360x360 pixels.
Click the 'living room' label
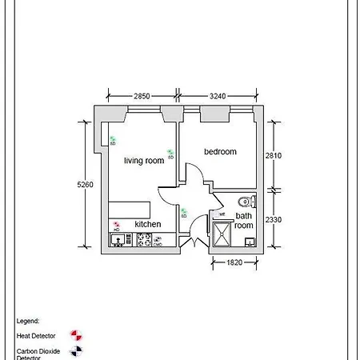144,161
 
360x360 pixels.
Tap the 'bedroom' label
220,152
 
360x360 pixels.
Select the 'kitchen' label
147,224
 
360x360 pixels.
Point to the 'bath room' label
244,221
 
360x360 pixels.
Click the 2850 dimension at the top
142,96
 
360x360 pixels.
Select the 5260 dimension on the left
85,185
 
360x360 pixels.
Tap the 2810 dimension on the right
273,156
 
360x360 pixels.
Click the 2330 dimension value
273,219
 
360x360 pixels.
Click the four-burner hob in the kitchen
145,239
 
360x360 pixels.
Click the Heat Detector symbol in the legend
76,334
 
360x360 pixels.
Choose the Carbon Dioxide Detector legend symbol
76,350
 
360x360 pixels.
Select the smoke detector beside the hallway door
183,211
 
